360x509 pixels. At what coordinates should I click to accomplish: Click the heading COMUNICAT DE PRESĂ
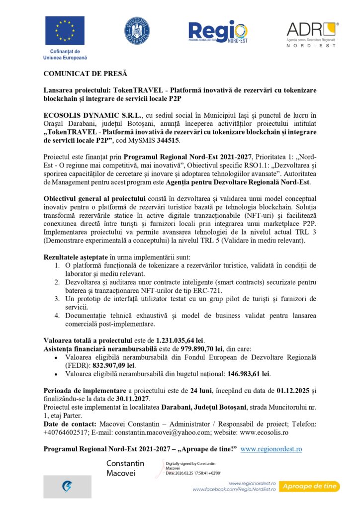[x=85, y=74]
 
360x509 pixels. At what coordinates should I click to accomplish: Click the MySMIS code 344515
[x=168, y=141]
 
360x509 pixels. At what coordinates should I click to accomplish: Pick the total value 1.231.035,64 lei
[x=180, y=340]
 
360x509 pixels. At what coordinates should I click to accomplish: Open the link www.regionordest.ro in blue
[x=271, y=449]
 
